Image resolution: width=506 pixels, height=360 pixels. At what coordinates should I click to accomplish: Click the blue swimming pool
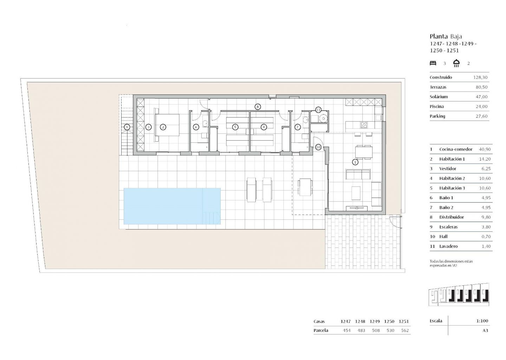point(172,206)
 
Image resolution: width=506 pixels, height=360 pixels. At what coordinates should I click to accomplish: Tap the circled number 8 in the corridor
point(258,107)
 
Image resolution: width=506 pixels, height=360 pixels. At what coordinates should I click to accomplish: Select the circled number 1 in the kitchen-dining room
point(355,162)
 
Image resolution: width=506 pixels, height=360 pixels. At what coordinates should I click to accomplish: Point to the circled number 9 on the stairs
point(127,127)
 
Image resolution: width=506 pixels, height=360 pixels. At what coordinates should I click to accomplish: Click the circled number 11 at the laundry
point(318,110)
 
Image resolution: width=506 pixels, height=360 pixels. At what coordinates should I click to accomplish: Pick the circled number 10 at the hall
point(318,147)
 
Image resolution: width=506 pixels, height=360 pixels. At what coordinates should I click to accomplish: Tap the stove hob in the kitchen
point(364,125)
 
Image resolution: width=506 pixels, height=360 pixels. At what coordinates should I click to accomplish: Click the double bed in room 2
point(167,125)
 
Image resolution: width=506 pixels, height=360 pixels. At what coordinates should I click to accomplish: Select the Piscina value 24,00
point(482,107)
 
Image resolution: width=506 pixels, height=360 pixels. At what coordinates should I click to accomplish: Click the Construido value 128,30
point(480,77)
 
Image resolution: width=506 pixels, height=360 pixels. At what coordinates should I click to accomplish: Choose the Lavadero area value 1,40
point(486,246)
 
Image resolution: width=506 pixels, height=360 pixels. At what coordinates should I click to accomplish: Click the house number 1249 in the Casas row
point(375,321)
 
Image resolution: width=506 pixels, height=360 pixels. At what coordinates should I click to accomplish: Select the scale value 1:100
point(482,321)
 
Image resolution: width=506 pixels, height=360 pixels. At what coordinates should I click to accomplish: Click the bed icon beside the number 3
point(433,63)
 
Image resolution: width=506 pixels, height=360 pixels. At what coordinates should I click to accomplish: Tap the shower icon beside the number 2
point(456,63)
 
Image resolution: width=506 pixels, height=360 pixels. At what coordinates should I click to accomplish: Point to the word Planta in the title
point(439,36)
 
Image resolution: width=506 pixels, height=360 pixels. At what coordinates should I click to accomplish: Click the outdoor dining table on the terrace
point(305,187)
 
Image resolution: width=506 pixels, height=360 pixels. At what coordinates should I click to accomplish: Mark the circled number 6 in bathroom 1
point(196,127)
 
